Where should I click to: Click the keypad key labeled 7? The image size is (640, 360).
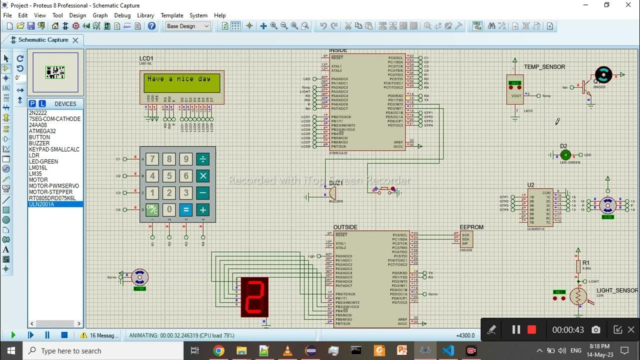(152, 159)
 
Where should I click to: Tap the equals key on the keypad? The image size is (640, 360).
(186, 210)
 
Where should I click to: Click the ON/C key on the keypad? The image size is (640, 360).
(152, 210)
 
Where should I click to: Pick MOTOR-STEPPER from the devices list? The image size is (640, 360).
(50, 192)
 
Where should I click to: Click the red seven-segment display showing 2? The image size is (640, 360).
(254, 297)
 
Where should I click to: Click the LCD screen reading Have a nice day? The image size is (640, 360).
(182, 82)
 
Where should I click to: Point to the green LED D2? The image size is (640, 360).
(565, 155)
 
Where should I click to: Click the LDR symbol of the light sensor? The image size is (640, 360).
(578, 297)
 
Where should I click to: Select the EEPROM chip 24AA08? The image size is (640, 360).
(466, 239)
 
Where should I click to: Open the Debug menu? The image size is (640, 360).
(122, 15)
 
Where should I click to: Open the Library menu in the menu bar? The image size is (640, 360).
(145, 15)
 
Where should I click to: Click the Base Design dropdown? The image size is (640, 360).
(188, 26)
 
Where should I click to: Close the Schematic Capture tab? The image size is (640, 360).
(75, 40)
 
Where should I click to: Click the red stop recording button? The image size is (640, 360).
(531, 329)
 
